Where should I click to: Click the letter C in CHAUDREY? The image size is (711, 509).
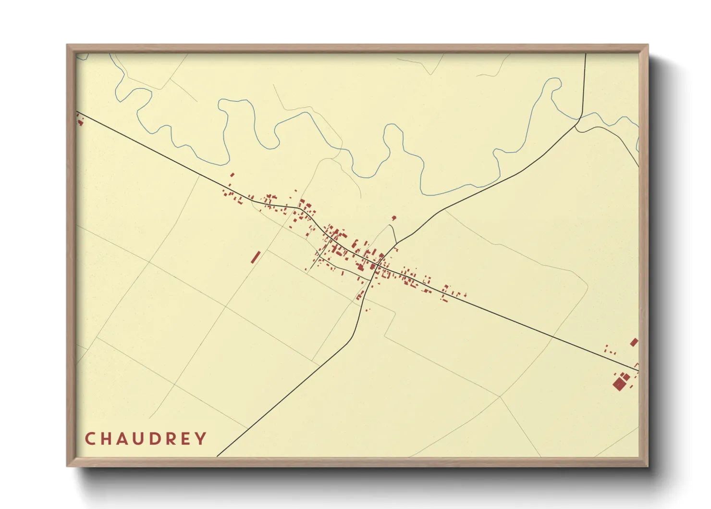tap(90, 439)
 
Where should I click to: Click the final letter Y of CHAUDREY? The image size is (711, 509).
tap(202, 439)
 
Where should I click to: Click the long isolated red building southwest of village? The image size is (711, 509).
tap(256, 257)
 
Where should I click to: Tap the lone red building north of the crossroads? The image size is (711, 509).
tap(394, 218)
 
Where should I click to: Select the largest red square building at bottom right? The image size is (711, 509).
tap(618, 384)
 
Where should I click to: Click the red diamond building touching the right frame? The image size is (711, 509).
tap(634, 343)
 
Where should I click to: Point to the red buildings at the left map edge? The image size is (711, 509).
tap(80, 121)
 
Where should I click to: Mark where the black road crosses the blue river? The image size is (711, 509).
tap(580, 117)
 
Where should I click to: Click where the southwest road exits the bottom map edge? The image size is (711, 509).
tap(218, 456)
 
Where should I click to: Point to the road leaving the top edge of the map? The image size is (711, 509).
tap(586, 55)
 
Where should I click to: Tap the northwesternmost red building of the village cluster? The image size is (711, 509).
tap(233, 175)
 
